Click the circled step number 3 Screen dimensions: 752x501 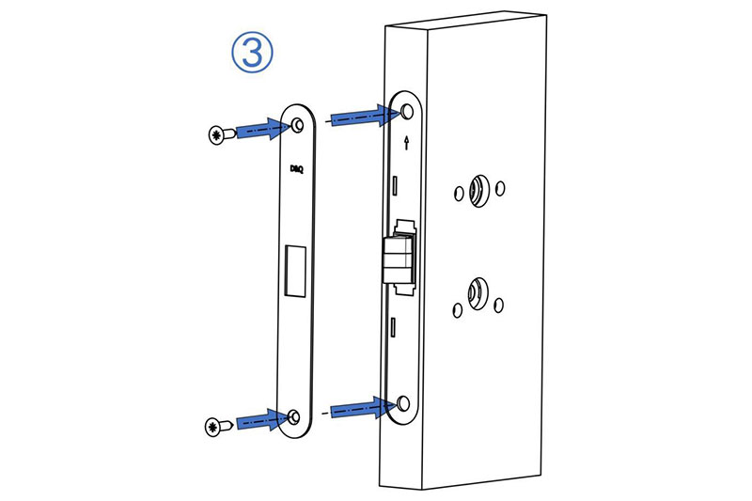(x=252, y=52)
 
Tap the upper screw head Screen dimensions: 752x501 (x=217, y=134)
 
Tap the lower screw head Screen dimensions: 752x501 (x=213, y=427)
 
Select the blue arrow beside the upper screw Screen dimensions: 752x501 (x=263, y=129)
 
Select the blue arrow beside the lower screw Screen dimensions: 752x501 (x=263, y=420)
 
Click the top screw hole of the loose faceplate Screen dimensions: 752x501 (x=298, y=125)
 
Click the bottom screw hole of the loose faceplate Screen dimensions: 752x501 (x=294, y=416)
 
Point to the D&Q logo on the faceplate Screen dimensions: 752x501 (x=297, y=169)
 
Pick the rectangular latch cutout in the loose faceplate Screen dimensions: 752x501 (x=295, y=271)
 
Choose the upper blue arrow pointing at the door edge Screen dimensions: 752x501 (x=365, y=116)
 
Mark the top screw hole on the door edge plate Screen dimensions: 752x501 (x=407, y=111)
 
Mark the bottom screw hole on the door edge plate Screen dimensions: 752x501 (x=404, y=403)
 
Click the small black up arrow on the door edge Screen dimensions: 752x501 (x=407, y=142)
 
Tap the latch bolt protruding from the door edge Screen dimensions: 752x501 (x=398, y=259)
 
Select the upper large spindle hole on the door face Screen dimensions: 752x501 (x=479, y=190)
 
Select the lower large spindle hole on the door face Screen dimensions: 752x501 (x=478, y=293)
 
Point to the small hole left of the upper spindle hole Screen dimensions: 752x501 (x=459, y=194)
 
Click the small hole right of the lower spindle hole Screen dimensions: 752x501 (x=499, y=305)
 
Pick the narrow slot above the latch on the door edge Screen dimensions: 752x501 (x=395, y=185)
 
